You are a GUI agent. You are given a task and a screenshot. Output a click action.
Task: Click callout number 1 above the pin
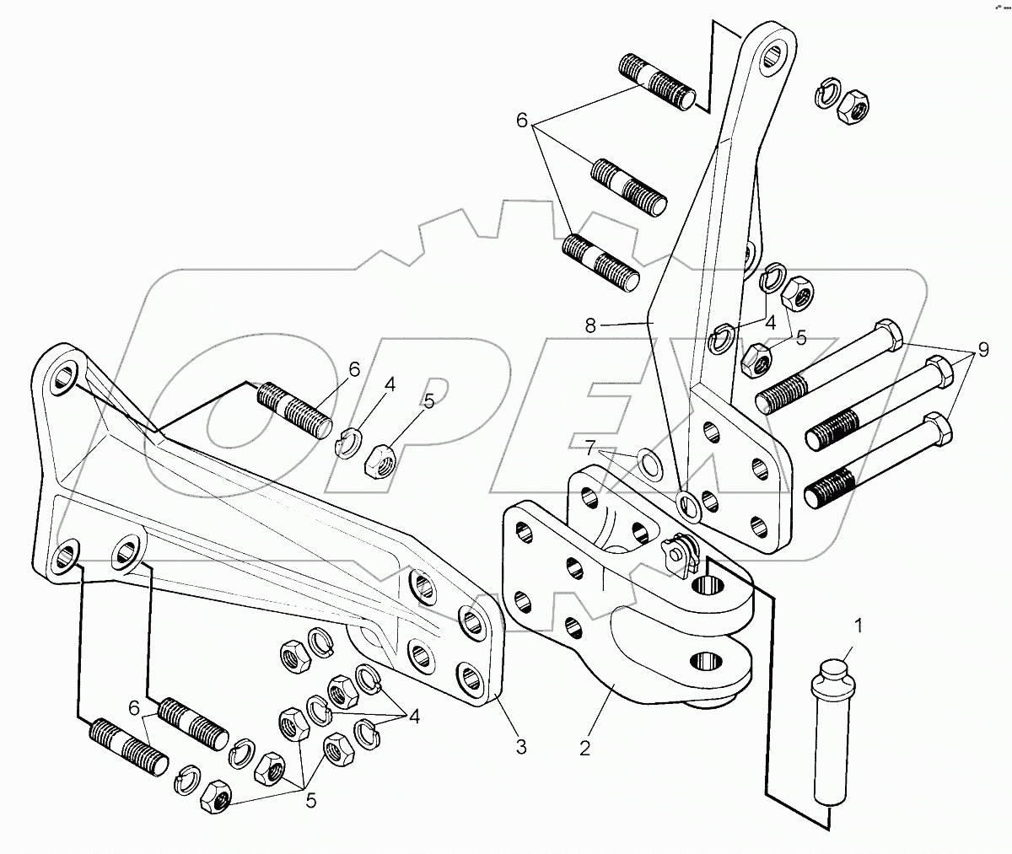tap(859, 626)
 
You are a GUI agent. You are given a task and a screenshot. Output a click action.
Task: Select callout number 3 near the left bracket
tap(522, 745)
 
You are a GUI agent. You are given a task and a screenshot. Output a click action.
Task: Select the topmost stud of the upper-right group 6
tap(658, 81)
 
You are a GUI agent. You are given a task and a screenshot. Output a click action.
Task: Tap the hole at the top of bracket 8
tap(773, 56)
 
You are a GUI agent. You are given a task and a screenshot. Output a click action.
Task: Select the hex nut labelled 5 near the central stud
tap(379, 458)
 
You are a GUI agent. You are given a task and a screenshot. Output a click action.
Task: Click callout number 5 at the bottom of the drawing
tap(311, 801)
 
